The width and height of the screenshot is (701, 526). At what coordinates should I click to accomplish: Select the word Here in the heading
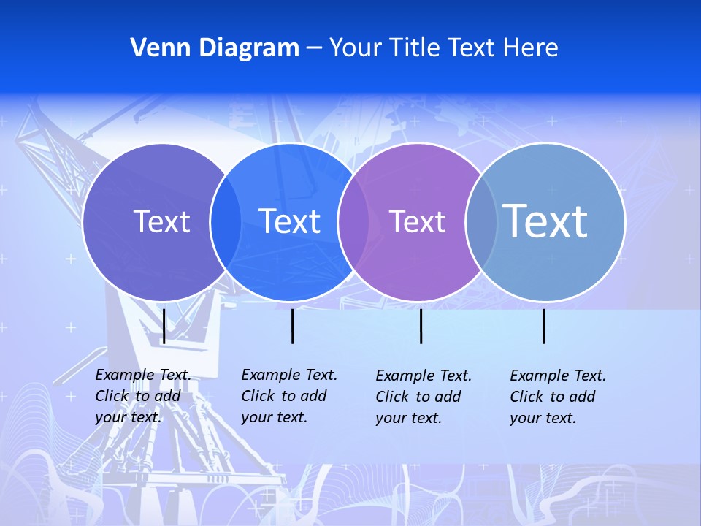click(531, 48)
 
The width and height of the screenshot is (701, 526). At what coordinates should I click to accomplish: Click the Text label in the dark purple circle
click(161, 221)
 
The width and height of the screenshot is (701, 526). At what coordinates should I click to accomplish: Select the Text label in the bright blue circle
click(289, 221)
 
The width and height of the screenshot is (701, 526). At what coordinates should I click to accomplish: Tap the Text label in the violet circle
click(417, 221)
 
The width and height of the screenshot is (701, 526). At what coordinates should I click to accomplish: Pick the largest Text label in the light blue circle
click(545, 221)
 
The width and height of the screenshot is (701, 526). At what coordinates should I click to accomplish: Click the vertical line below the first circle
click(164, 326)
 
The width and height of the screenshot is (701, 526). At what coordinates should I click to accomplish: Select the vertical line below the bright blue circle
click(292, 326)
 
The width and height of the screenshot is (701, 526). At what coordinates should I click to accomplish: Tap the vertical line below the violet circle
click(421, 326)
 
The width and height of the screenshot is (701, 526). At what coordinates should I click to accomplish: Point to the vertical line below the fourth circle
click(543, 326)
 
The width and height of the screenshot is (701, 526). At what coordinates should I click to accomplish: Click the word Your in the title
click(355, 48)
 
